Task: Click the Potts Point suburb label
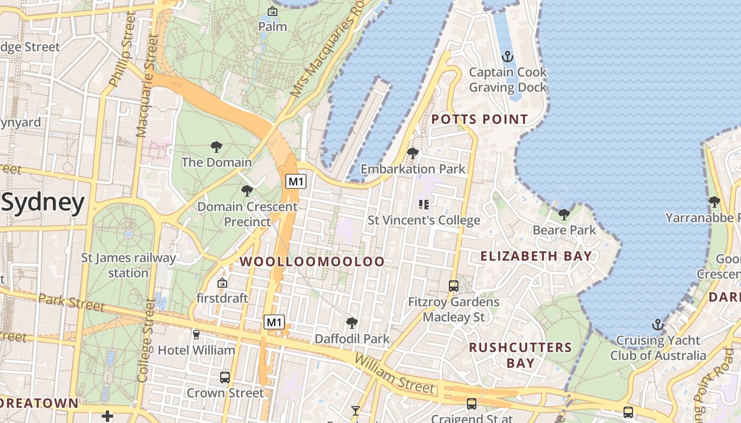click(x=480, y=119)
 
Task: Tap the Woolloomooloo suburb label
click(x=313, y=261)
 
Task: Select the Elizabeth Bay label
click(x=536, y=256)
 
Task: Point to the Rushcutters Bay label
click(x=520, y=355)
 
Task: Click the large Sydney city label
click(x=43, y=203)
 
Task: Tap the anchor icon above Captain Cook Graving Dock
click(x=508, y=56)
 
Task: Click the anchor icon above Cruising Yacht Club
click(x=658, y=324)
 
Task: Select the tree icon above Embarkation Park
click(x=413, y=153)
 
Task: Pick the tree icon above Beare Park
click(x=564, y=214)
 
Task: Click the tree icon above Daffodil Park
click(x=351, y=323)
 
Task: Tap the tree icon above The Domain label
click(x=216, y=146)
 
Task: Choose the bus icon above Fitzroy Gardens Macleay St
click(x=454, y=286)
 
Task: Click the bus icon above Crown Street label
click(x=225, y=377)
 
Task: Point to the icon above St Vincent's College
click(x=423, y=204)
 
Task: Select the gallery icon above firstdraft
click(x=222, y=283)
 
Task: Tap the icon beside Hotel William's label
click(x=196, y=334)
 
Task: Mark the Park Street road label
click(x=71, y=302)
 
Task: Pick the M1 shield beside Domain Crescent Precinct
click(x=296, y=181)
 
